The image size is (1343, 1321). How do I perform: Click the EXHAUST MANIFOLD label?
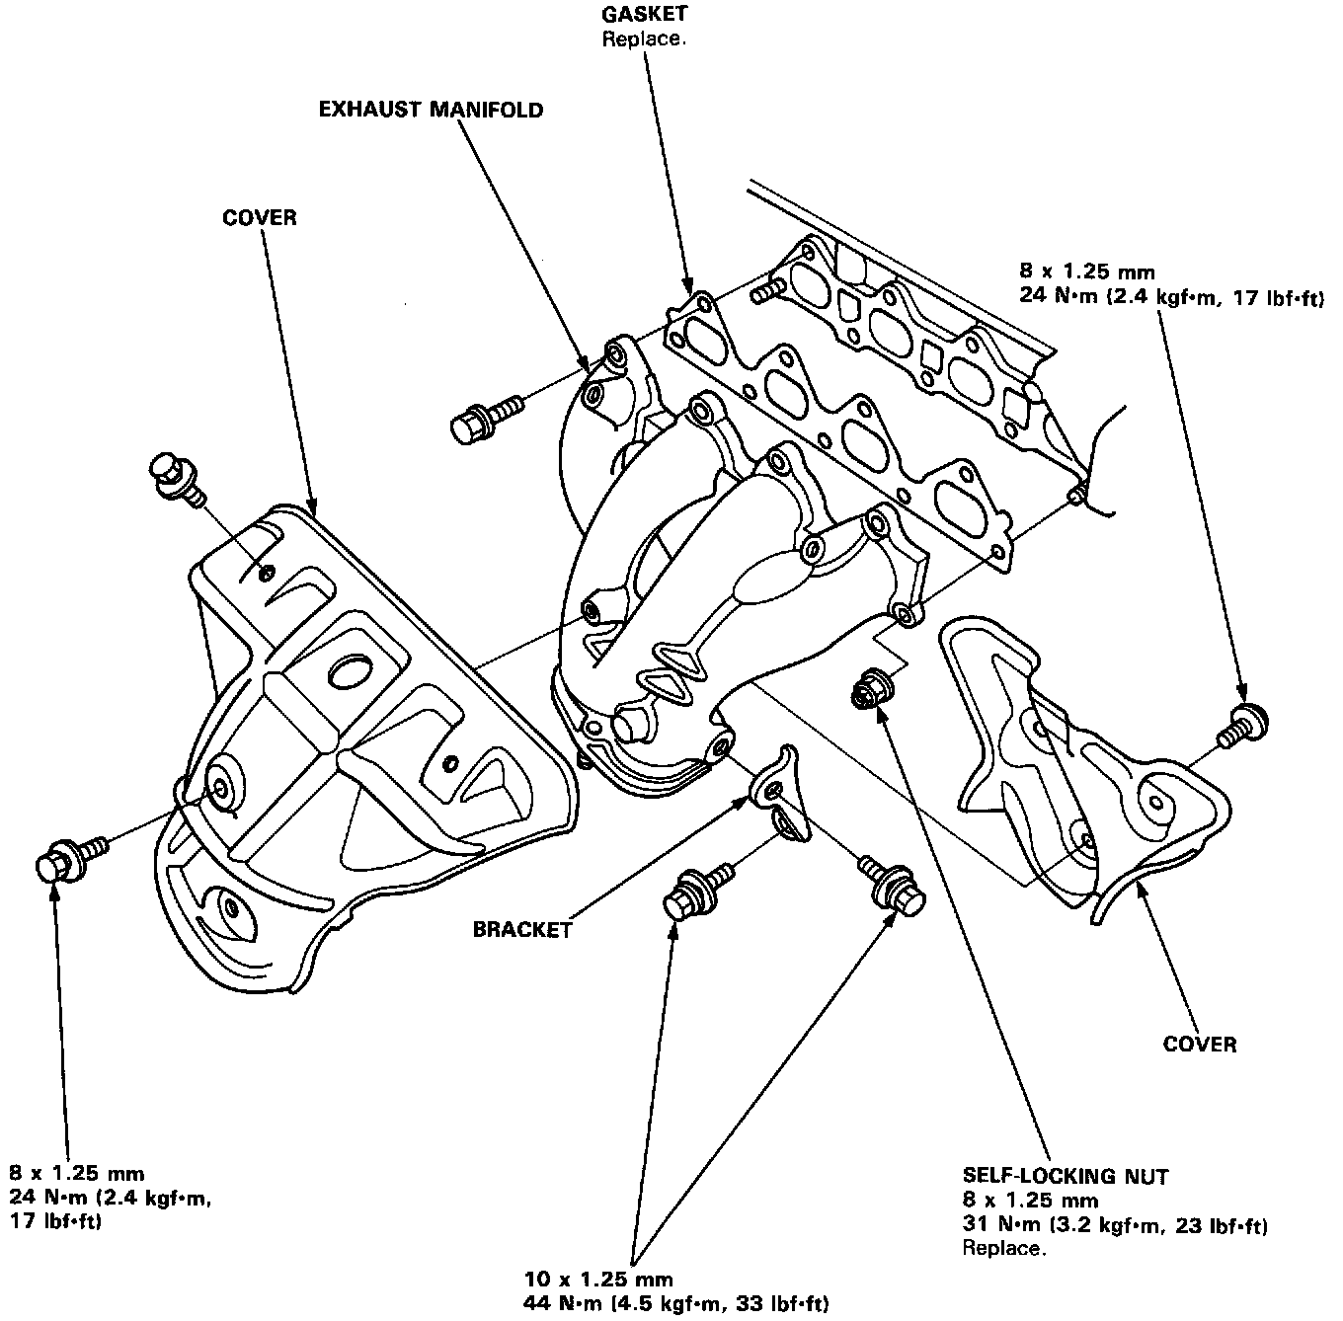431,111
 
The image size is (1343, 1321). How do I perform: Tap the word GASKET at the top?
644,13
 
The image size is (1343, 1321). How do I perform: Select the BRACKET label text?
522,929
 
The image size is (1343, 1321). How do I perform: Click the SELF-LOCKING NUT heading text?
1066,1177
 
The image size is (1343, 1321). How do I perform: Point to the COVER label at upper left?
260,218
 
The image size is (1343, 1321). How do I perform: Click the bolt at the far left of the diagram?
72,859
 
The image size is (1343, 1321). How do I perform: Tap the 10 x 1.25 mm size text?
598,1279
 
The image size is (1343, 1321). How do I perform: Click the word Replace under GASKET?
644,39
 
